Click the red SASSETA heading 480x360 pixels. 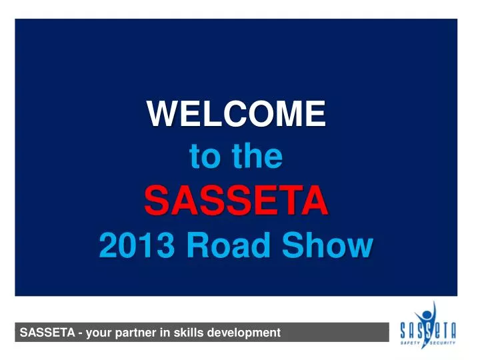(x=237, y=201)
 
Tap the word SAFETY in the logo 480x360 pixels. (x=411, y=342)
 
